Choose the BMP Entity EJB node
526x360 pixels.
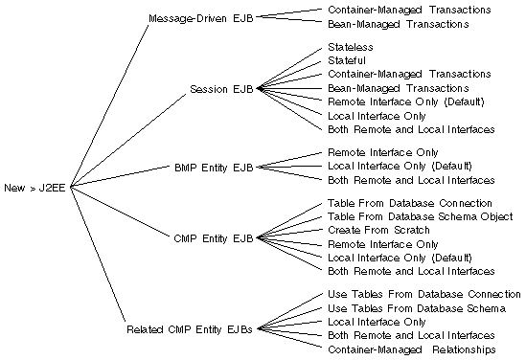coord(214,167)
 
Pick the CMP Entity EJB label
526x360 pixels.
coord(214,236)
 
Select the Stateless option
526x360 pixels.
coord(350,46)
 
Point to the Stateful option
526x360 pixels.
coord(347,60)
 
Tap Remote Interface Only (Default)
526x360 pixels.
coord(405,101)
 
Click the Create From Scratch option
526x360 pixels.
coord(378,230)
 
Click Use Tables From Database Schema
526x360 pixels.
coord(410,308)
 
